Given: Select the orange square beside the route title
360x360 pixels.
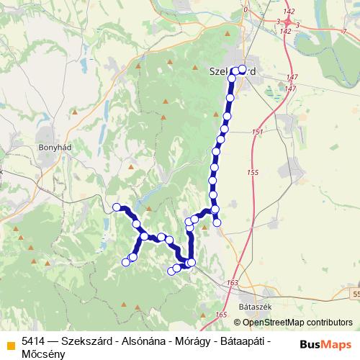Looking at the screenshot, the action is coord(10,344).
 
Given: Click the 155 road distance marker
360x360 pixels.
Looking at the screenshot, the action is coord(252,173).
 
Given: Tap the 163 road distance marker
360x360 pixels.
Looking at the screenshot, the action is coord(232,283).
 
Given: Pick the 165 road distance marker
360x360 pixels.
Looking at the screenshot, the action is coord(220,315).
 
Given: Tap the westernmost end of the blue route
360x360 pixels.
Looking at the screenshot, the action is coord(117,207).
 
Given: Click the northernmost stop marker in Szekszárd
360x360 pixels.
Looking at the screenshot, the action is coord(242,69).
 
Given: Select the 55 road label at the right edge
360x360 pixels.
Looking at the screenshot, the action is coord(356,294).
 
